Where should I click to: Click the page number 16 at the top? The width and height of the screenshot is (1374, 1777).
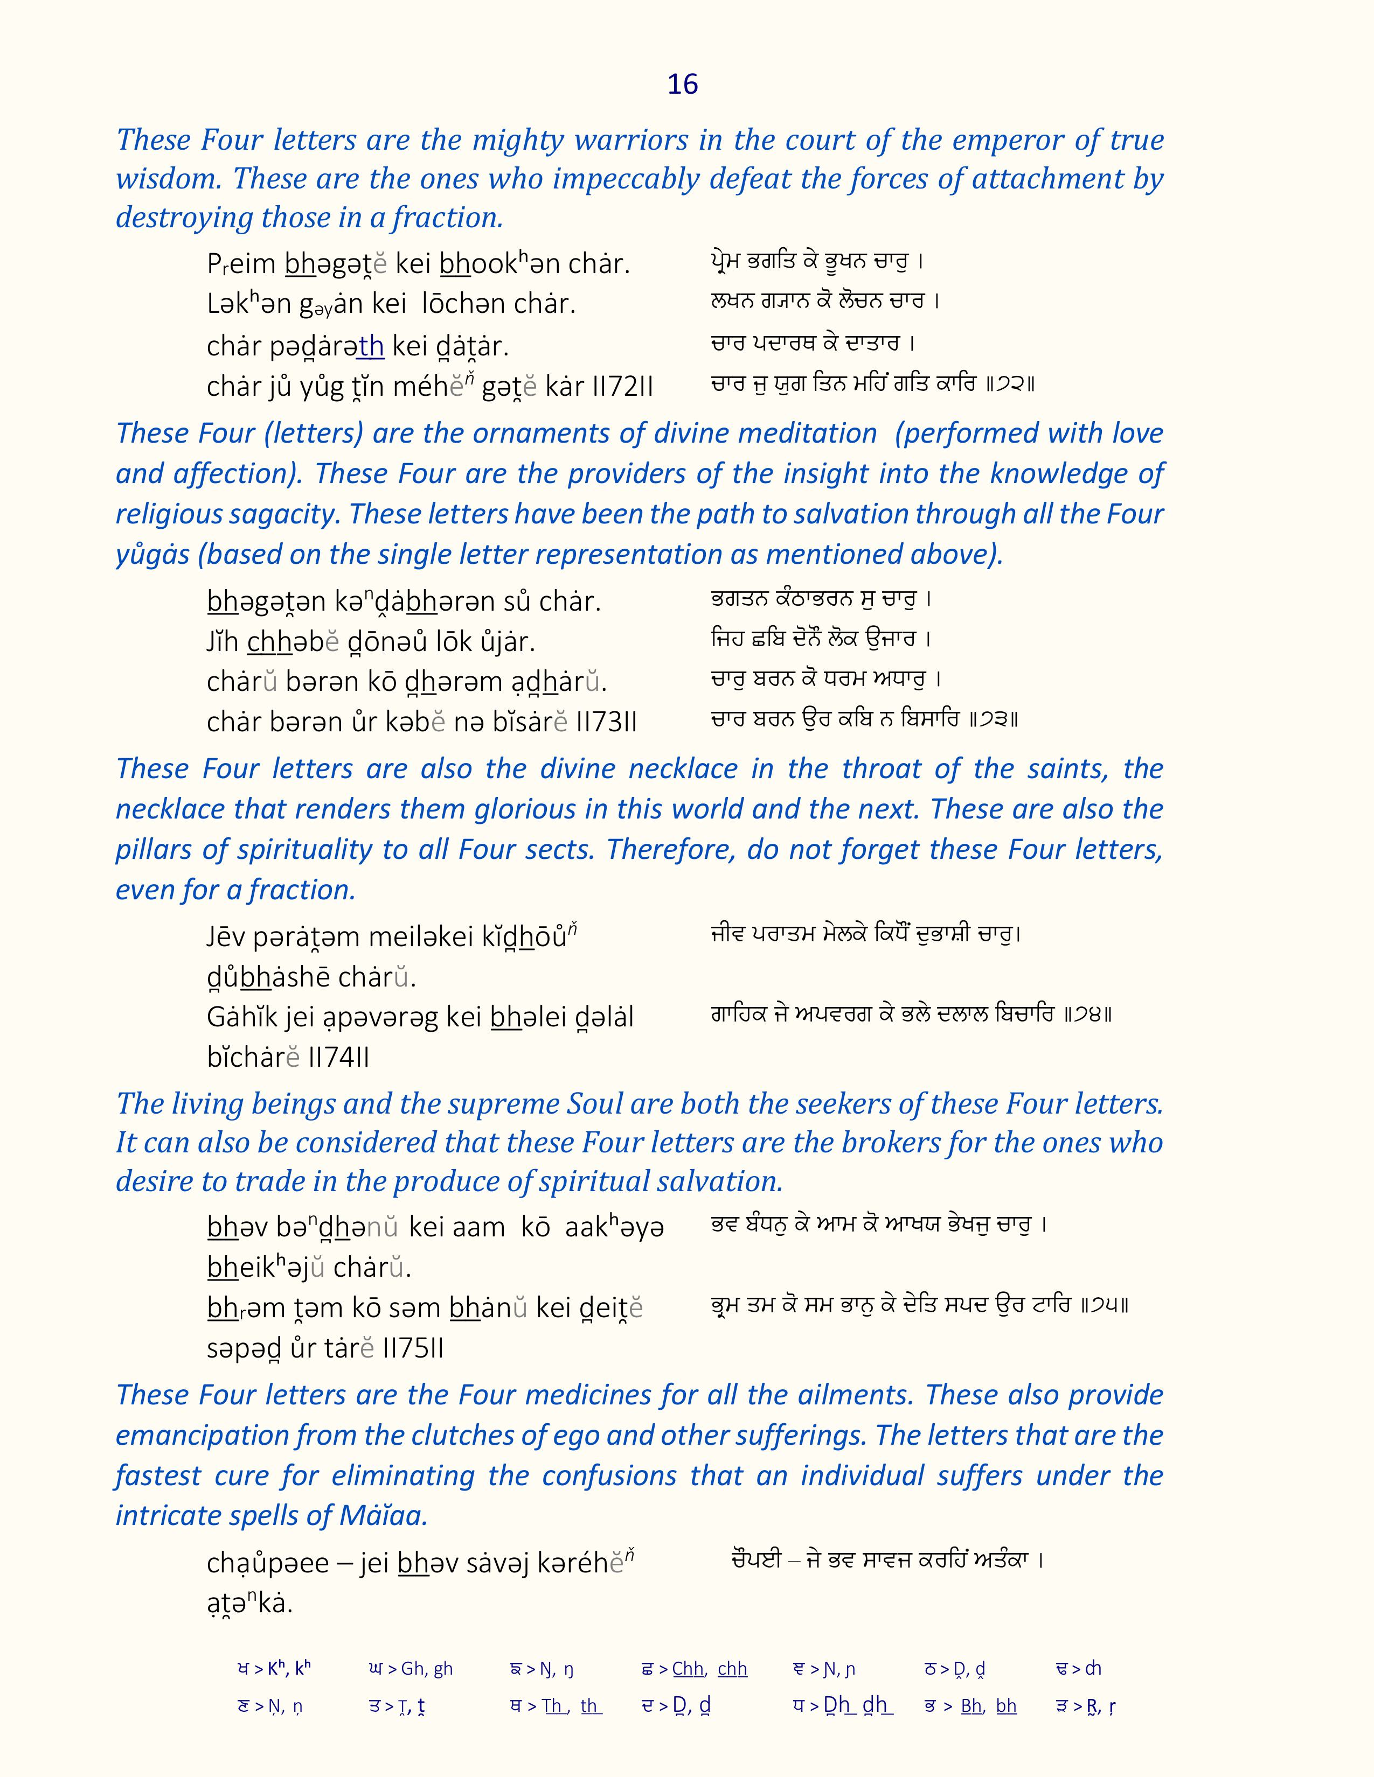682,85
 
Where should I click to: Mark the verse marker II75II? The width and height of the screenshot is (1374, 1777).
413,1349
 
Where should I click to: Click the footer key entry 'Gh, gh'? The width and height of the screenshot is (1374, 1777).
427,1669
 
